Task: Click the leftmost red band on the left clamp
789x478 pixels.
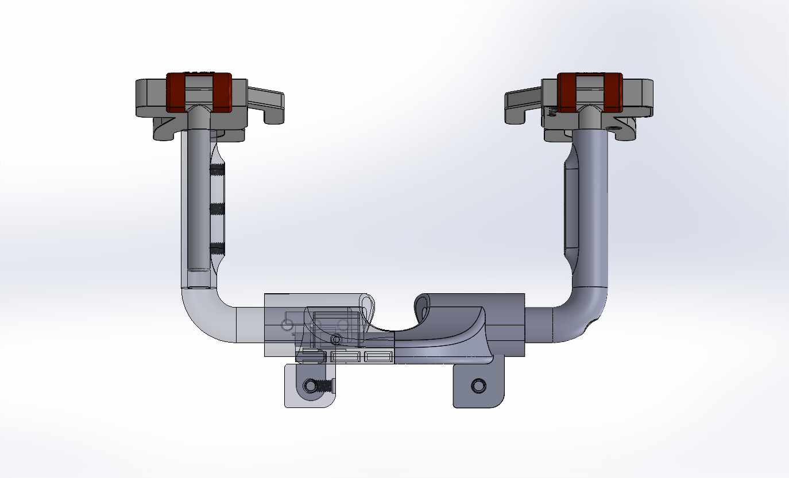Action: pyautogui.click(x=174, y=92)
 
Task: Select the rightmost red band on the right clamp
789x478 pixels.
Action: pyautogui.click(x=614, y=92)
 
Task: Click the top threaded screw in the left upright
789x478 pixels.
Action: pyautogui.click(x=216, y=169)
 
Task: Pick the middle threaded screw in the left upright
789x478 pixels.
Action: pyautogui.click(x=216, y=209)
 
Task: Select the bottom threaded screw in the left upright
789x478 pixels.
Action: pyautogui.click(x=216, y=248)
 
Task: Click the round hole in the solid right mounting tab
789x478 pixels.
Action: pyautogui.click(x=477, y=385)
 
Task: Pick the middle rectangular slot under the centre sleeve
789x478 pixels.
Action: pyautogui.click(x=346, y=357)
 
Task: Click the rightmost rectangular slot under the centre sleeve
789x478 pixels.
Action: pyautogui.click(x=378, y=357)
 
